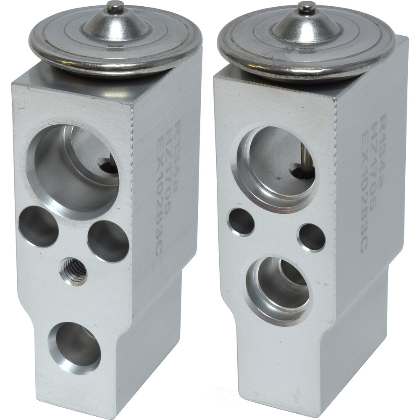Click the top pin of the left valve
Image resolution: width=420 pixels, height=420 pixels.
point(115,6)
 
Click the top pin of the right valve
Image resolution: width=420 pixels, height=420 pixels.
point(307,7)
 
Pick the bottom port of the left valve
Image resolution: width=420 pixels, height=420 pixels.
point(75,346)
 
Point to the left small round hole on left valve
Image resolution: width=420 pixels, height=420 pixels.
point(39,226)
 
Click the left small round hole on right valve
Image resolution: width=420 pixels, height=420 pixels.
point(241,222)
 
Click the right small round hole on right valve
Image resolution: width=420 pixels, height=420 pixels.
point(312,238)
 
